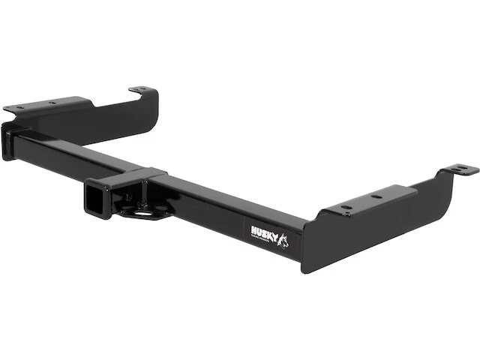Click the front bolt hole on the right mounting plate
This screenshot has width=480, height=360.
pyautogui.click(x=346, y=206)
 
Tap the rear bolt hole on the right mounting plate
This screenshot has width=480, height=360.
pyautogui.click(x=376, y=196)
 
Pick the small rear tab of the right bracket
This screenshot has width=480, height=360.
pyautogui.click(x=458, y=171)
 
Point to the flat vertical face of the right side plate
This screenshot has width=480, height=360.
pyautogui.click(x=375, y=225)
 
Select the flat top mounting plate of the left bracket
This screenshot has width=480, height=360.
pyautogui.click(x=52, y=105)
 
